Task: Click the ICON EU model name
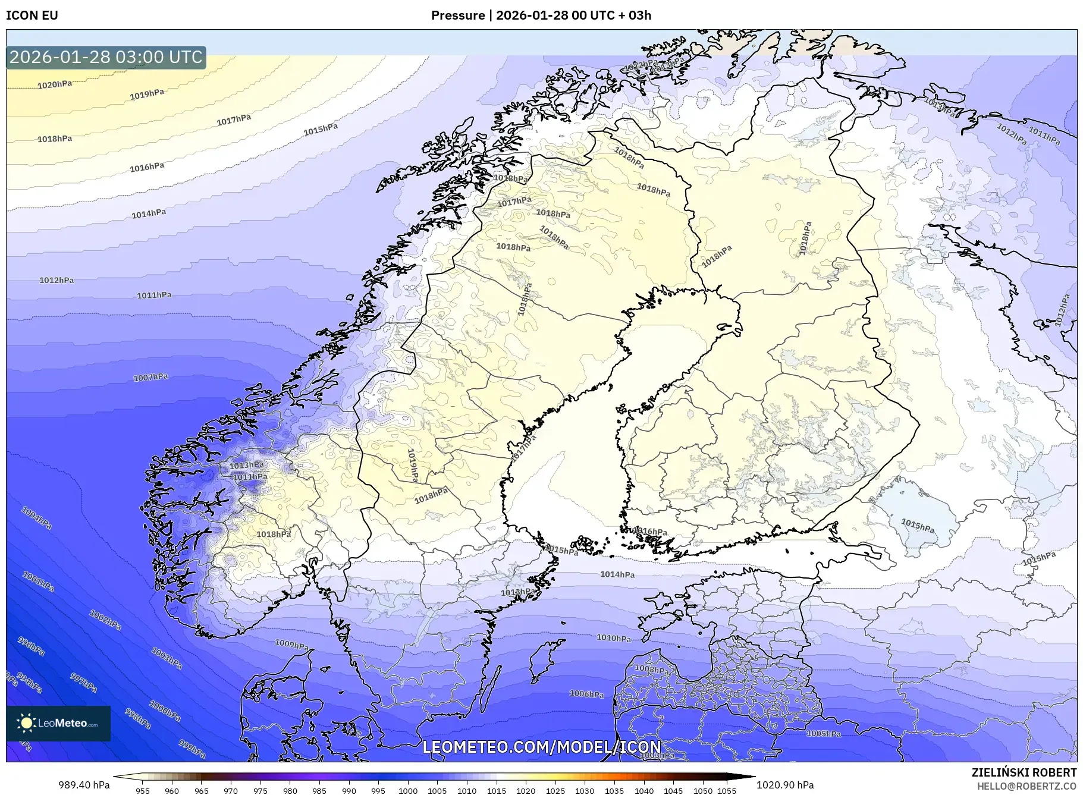(32, 15)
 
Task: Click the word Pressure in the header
(457, 15)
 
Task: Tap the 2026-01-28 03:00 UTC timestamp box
(106, 58)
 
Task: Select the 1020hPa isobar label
(55, 85)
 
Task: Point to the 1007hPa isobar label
(150, 378)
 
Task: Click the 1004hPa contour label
(36, 518)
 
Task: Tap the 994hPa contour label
(29, 683)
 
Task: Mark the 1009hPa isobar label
(291, 645)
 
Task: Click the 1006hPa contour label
(586, 694)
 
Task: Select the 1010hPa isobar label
(614, 638)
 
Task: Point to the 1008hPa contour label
(652, 669)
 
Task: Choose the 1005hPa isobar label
(824, 734)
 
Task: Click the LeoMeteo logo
(58, 723)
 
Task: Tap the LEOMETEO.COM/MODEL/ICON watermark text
(541, 747)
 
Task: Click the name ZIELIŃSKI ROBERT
(1024, 772)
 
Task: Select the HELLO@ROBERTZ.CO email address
(1027, 786)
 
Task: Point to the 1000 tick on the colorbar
(408, 791)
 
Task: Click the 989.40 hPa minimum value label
(84, 785)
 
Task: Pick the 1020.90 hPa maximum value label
(785, 785)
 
